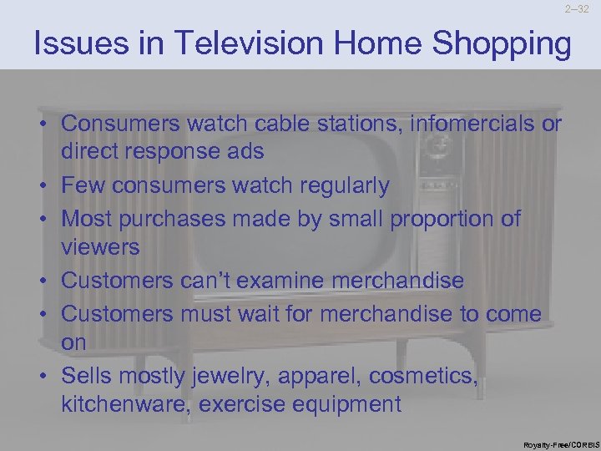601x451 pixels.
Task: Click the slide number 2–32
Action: click(x=576, y=10)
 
